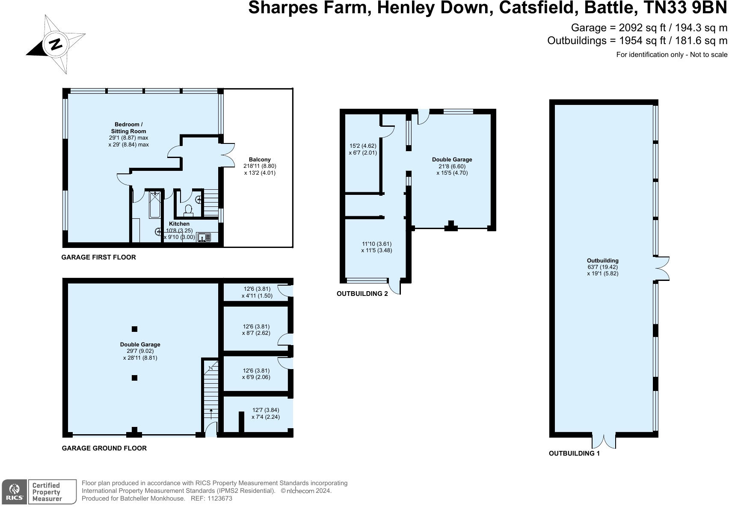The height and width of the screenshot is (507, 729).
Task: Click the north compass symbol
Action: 56,44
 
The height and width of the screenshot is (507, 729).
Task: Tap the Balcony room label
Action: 259,159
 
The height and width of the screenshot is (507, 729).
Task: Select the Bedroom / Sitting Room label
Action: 128,128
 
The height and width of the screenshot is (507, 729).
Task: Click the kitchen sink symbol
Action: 204,237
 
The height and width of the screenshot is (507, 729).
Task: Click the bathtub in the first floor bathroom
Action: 154,205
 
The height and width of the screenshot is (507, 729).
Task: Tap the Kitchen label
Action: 179,224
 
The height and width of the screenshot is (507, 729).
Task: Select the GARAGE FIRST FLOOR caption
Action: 98,257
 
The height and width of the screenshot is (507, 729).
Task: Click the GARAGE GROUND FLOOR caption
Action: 104,448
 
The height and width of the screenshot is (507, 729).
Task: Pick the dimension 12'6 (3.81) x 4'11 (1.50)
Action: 257,292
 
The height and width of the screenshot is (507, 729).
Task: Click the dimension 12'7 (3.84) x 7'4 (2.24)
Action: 266,414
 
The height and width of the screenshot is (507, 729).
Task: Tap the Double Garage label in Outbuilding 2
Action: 452,159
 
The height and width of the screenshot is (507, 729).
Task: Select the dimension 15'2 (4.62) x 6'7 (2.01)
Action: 363,149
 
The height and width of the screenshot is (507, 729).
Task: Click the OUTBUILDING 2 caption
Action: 362,294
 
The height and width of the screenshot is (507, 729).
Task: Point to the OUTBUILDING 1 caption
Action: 574,453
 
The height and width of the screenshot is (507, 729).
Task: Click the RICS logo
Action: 14,492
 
